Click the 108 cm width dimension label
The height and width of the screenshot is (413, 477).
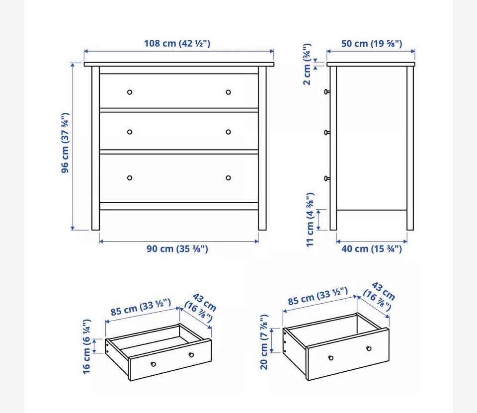pyautogui.click(x=177, y=44)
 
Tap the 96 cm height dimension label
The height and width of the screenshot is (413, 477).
pyautogui.click(x=65, y=143)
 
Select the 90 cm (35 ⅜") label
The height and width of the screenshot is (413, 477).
pyautogui.click(x=177, y=249)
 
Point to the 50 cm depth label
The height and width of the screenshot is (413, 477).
pyautogui.click(x=372, y=44)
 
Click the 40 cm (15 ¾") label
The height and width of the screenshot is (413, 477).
pyautogui.click(x=372, y=249)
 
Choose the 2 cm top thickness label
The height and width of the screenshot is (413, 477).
pyautogui.click(x=307, y=64)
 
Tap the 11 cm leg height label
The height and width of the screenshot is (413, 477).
pyautogui.click(x=310, y=220)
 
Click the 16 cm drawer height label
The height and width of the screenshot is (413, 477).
pyautogui.click(x=86, y=346)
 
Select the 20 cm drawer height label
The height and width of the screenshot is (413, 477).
pyautogui.click(x=264, y=342)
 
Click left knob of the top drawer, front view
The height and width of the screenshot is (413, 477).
pyautogui.click(x=130, y=92)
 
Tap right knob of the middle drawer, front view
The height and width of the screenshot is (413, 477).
pyautogui.click(x=228, y=132)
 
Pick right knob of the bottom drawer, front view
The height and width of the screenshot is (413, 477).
pyautogui.click(x=228, y=178)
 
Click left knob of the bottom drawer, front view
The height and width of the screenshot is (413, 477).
pyautogui.click(x=130, y=178)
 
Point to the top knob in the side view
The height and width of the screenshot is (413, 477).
pyautogui.click(x=327, y=91)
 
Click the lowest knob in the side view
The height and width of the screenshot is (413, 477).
pyautogui.click(x=327, y=178)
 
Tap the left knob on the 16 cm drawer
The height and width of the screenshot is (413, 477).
pyautogui.click(x=154, y=364)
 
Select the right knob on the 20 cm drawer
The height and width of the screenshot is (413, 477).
pyautogui.click(x=369, y=348)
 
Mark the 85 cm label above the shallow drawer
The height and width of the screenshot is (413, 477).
pyautogui.click(x=141, y=308)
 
